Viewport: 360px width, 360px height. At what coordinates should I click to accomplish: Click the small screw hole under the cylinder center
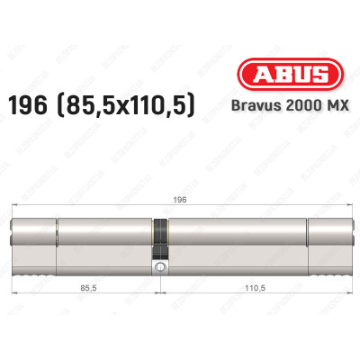pos(161,267)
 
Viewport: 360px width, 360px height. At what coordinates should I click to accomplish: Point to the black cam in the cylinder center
pos(161,241)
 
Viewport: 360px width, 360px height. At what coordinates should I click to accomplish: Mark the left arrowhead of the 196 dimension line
pos(14,209)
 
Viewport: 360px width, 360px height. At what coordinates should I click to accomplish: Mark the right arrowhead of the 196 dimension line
pos(346,209)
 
